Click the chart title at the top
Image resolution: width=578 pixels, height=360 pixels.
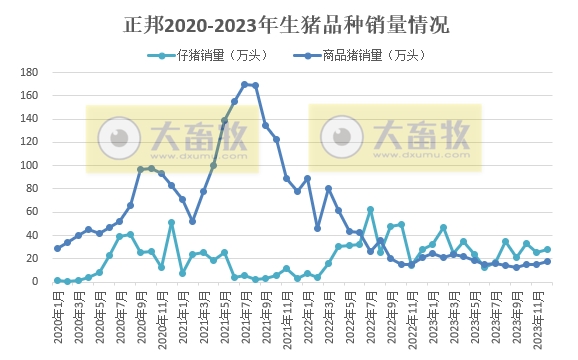288,23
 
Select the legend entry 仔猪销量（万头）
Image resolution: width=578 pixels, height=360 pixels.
207,55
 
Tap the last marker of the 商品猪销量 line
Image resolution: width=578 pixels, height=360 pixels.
547,261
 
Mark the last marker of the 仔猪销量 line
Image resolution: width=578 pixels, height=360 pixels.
547,250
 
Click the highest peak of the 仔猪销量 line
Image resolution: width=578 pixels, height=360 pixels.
370,210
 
